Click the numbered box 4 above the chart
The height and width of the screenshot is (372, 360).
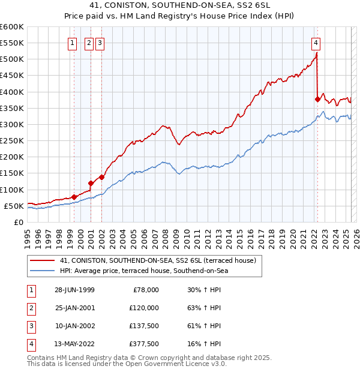click(316, 43)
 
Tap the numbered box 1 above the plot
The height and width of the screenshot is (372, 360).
click(72, 43)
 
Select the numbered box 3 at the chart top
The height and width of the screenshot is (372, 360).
click(99, 43)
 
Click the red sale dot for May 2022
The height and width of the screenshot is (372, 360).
click(317, 99)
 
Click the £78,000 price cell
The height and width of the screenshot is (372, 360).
click(144, 289)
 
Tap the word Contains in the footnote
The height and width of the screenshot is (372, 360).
click(41, 357)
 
